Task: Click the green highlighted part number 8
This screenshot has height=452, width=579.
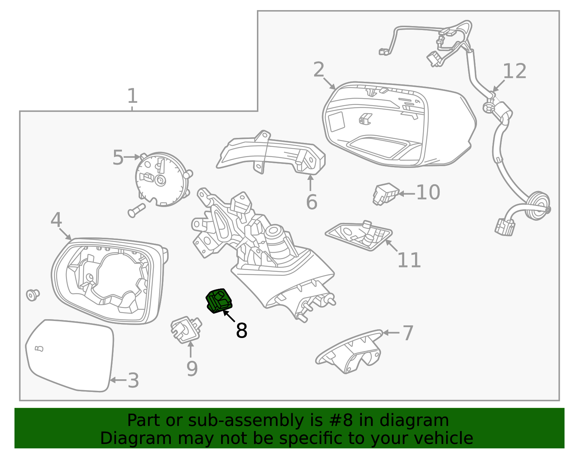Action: tap(219, 301)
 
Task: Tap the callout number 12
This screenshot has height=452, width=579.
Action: tap(514, 71)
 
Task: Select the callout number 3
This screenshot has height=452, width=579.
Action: tap(133, 380)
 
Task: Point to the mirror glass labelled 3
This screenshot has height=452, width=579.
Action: tap(70, 356)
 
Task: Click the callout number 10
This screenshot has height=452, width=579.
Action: tap(428, 192)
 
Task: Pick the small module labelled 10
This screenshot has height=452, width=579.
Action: tap(386, 194)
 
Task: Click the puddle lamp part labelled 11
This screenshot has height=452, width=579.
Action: tap(359, 236)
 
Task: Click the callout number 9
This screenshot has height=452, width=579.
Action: tap(192, 369)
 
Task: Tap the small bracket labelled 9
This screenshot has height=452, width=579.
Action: tap(186, 330)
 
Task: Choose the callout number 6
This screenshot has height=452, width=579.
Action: tap(312, 202)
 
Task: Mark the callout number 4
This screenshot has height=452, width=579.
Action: tap(56, 220)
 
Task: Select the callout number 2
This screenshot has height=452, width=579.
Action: tap(319, 69)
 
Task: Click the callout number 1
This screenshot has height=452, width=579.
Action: tap(132, 96)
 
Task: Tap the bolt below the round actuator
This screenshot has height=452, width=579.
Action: tap(136, 211)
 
